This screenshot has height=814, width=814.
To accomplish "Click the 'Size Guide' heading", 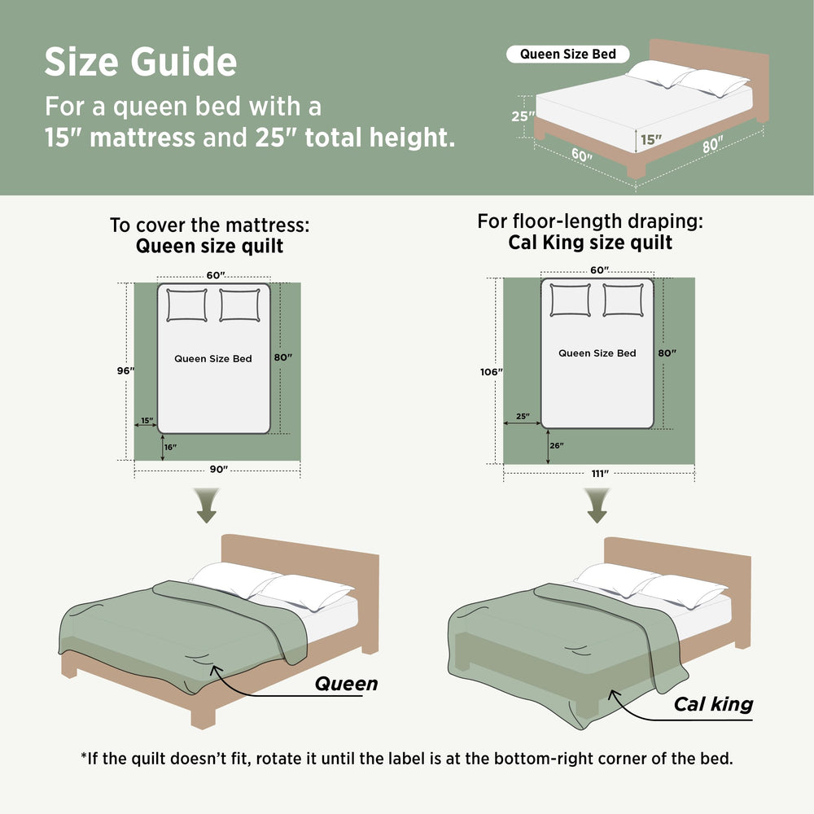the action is [141, 63].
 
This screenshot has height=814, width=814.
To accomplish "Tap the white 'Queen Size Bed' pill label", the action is [568, 54].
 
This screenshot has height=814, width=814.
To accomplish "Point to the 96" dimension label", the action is [125, 370].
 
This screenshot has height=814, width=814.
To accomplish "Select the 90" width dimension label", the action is [218, 470].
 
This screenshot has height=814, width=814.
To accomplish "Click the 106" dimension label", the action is [491, 372].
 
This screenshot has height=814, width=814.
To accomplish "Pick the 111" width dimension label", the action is [600, 474].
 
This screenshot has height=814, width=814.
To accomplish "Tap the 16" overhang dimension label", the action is [170, 447].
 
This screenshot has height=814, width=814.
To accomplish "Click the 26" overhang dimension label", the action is [557, 445].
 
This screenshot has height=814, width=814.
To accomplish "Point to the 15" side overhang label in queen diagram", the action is [147, 420].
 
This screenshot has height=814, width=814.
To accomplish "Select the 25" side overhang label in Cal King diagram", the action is [523, 416].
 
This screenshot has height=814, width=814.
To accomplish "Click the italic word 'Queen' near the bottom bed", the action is [346, 684].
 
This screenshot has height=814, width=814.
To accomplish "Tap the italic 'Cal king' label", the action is [713, 704].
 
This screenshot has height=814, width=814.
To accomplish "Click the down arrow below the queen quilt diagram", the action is [207, 505].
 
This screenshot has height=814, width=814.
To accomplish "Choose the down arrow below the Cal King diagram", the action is [597, 505].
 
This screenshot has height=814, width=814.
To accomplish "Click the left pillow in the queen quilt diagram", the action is [187, 305].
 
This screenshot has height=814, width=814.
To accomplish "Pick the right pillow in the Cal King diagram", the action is [623, 300].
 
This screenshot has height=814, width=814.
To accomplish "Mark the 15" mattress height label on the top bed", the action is [651, 140].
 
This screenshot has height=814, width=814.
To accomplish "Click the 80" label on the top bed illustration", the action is [713, 144].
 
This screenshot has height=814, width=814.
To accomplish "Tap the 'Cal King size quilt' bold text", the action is [590, 243].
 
